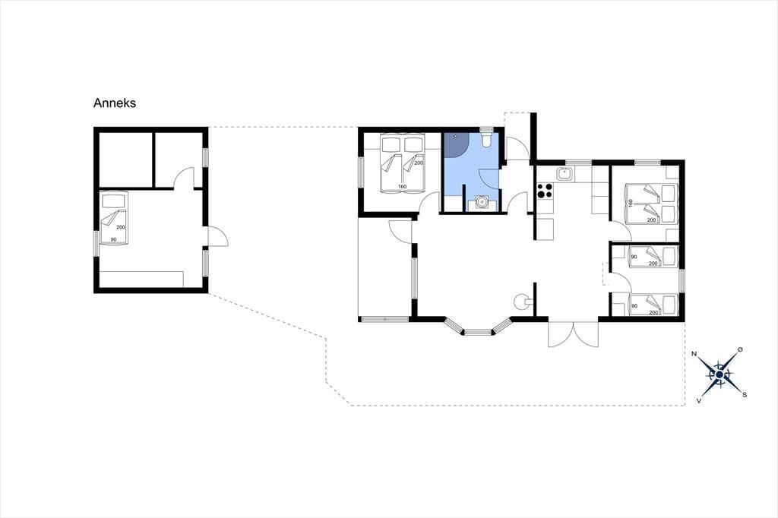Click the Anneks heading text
click(x=115, y=103)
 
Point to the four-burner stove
click(x=545, y=190)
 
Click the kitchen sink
click(x=565, y=174)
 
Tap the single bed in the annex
click(x=114, y=218)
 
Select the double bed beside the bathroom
click(x=403, y=163)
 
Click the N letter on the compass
click(x=694, y=354)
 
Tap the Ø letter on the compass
click(x=740, y=350)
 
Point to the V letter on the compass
click(x=699, y=400)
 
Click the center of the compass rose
click(x=719, y=374)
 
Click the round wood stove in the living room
click(x=522, y=301)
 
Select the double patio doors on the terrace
click(x=574, y=334)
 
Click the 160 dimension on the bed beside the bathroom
click(x=402, y=187)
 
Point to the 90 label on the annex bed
click(x=113, y=240)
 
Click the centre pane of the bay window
click(x=478, y=331)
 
